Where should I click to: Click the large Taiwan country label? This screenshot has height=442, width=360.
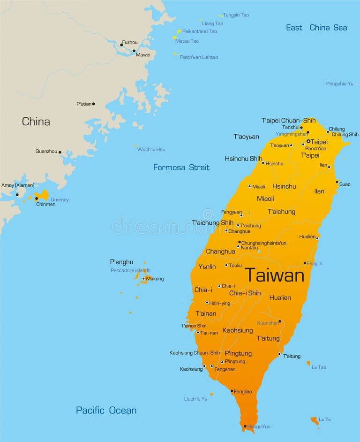pyautogui.click(x=274, y=275)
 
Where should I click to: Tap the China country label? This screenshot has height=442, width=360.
pyautogui.click(x=36, y=122)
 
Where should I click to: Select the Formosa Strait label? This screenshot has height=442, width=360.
pyautogui.click(x=181, y=168)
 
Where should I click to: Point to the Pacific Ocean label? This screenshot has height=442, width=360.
pyautogui.click(x=106, y=411)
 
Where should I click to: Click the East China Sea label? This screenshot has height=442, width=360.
pyautogui.click(x=316, y=28)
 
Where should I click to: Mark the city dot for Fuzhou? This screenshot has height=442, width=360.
pyautogui.click(x=121, y=45)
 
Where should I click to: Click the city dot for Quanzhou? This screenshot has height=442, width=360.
pyautogui.click(x=60, y=152)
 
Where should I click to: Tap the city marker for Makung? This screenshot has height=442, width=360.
pyautogui.click(x=143, y=279)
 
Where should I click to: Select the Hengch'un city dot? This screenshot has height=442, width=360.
pyautogui.click(x=245, y=427)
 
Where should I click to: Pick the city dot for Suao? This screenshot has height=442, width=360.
pyautogui.click(x=337, y=182)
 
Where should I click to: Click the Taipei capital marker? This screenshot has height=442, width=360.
pyautogui.click(x=308, y=141)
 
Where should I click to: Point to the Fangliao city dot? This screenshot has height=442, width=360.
pyautogui.click(x=232, y=391)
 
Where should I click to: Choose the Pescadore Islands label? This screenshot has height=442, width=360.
pyautogui.click(x=130, y=270)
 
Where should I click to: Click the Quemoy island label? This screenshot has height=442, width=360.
pyautogui.click(x=60, y=200)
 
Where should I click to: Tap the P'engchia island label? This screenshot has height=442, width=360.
pyautogui.click(x=339, y=84)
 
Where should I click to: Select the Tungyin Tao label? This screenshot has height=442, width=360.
pyautogui.click(x=236, y=15)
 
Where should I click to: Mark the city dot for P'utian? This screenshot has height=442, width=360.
pyautogui.click(x=93, y=104)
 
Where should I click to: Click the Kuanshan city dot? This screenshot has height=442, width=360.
pyautogui.click(x=280, y=321)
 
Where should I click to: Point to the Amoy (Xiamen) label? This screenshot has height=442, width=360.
pyautogui.click(x=18, y=185)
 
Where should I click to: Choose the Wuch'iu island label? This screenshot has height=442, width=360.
pyautogui.click(x=151, y=150)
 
